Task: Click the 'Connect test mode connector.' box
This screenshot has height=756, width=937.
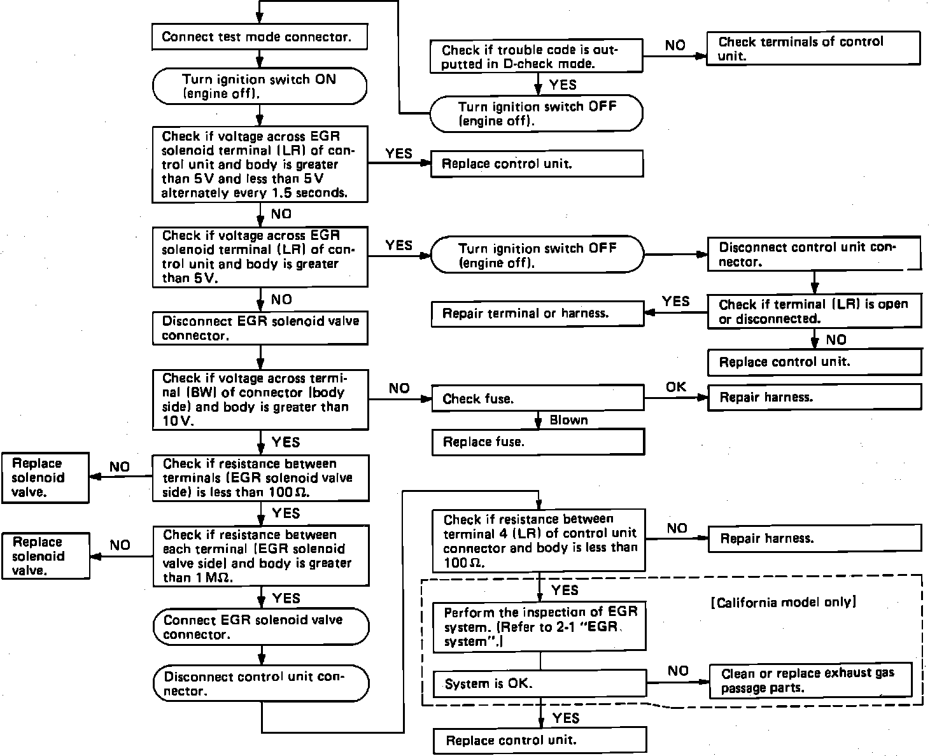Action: click(260, 37)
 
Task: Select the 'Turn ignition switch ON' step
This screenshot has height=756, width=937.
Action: click(260, 87)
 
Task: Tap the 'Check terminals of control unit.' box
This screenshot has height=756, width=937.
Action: click(814, 49)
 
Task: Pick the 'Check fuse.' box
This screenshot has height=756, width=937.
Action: click(538, 399)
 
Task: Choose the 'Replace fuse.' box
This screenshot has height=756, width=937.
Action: click(538, 442)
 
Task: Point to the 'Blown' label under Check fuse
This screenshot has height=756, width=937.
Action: click(568, 420)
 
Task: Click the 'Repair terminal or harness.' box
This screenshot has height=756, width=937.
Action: click(537, 314)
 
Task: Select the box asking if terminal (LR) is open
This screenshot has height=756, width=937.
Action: click(814, 311)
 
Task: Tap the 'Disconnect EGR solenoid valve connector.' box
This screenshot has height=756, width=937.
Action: click(260, 328)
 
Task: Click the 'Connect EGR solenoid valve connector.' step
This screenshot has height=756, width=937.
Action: click(261, 627)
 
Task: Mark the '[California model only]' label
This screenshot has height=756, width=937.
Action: click(783, 602)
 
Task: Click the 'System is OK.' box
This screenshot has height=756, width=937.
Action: click(539, 684)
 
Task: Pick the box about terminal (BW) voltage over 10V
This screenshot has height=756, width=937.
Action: click(260, 400)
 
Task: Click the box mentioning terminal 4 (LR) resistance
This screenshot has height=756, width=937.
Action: click(539, 541)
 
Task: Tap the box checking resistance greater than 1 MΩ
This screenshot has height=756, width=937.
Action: click(260, 556)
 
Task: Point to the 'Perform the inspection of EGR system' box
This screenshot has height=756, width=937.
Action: click(539, 627)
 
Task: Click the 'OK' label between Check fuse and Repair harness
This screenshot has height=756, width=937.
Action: click(676, 387)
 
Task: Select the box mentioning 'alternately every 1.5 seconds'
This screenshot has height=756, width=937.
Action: click(260, 164)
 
